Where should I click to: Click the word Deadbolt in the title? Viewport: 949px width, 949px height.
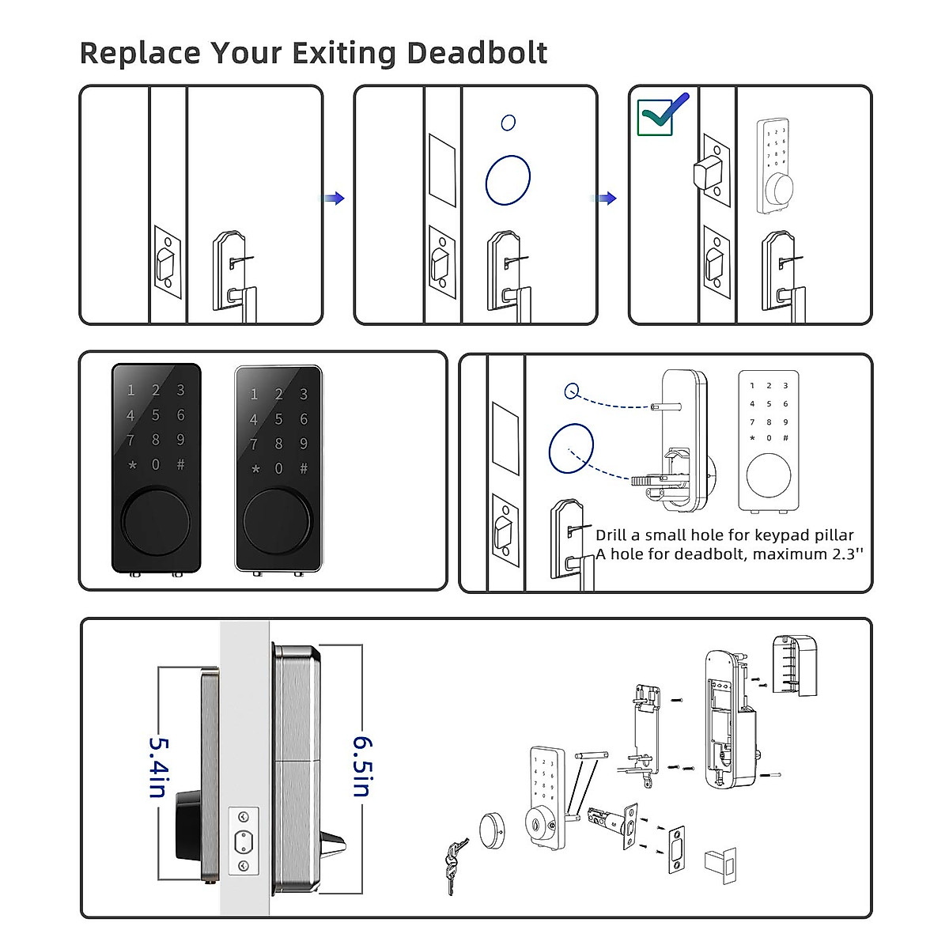click(477, 53)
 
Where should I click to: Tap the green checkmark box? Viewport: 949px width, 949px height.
click(656, 117)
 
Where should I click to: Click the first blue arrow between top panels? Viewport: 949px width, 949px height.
click(335, 198)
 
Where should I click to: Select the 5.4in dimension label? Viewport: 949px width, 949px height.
click(157, 767)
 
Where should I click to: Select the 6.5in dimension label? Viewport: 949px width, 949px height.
click(362, 767)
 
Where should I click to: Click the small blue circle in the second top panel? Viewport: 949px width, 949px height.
click(509, 123)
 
